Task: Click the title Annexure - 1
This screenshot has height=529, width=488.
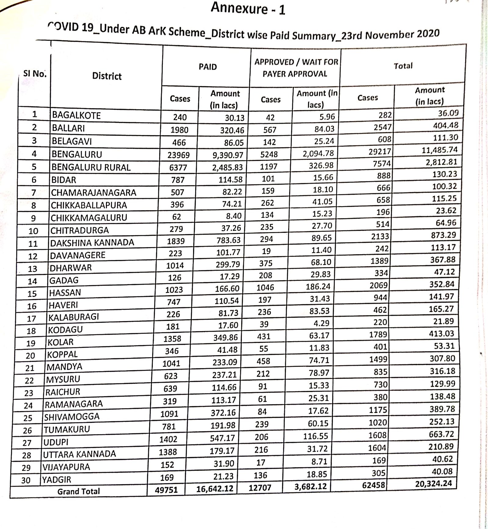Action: coord(248,9)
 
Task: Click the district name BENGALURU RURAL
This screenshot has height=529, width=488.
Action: coord(91,167)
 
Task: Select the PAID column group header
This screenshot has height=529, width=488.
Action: coord(208,67)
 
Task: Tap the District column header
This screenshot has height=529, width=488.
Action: coord(107,76)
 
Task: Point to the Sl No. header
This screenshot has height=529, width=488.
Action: coord(34,74)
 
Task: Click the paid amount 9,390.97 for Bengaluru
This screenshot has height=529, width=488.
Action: coord(228,155)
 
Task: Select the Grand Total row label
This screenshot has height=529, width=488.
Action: coord(78,491)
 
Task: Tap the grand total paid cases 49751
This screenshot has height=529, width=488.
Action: coord(166,490)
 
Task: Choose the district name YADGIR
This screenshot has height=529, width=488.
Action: coord(56,480)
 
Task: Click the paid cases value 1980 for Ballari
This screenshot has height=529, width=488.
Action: coord(179,130)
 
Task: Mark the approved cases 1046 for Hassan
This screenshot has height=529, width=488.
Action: coord(265,287)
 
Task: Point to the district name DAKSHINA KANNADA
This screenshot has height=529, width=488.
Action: coord(92,243)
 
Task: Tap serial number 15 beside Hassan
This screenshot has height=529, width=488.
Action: coord(32,294)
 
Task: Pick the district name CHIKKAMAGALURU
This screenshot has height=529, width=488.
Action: coord(89,217)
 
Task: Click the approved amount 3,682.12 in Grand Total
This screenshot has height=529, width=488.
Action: coord(311,487)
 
